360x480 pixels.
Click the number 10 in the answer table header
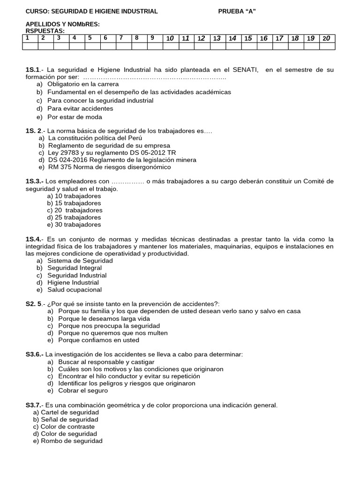170,38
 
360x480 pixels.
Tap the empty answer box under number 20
327,46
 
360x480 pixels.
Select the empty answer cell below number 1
30,46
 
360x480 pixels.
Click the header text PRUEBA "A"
237,11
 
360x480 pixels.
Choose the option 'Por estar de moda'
75,117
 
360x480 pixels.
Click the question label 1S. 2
33,131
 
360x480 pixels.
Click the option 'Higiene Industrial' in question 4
73,283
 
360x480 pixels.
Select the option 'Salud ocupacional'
75,290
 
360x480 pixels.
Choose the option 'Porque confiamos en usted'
99,340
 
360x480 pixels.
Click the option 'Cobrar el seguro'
83,390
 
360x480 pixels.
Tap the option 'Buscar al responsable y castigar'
106,362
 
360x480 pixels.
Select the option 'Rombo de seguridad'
72,441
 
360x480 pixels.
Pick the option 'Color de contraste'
67,427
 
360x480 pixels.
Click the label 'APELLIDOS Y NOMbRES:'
62,24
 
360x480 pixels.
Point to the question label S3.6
34,354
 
